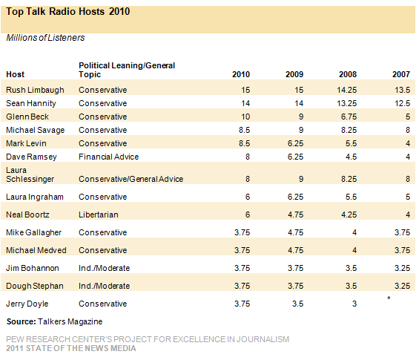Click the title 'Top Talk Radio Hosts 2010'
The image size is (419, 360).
(x=68, y=12)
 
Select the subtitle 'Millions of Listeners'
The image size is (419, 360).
(x=45, y=38)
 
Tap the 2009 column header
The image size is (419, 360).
(x=294, y=74)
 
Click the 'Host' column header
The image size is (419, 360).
(x=16, y=74)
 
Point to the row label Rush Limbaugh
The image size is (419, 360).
(x=35, y=90)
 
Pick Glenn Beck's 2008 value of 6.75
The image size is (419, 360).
(x=349, y=117)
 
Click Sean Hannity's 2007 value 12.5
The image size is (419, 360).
(x=402, y=103)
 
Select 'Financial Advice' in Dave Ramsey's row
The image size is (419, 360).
(x=108, y=157)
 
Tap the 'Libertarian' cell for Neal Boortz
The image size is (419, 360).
(x=99, y=215)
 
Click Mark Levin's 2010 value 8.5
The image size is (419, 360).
(x=244, y=143)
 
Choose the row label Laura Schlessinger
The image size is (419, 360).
(x=30, y=174)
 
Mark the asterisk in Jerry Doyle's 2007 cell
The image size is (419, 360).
(x=389, y=298)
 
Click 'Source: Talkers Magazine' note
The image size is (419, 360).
(x=55, y=321)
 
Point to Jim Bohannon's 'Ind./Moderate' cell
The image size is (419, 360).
(x=105, y=268)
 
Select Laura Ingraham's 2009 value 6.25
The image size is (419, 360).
(x=295, y=197)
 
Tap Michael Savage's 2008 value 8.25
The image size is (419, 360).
(x=349, y=130)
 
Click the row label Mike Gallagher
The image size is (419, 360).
(x=33, y=232)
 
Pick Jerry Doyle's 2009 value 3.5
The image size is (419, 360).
(x=297, y=304)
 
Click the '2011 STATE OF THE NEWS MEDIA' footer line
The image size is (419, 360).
(x=71, y=349)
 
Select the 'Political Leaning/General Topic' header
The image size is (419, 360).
(x=127, y=70)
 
